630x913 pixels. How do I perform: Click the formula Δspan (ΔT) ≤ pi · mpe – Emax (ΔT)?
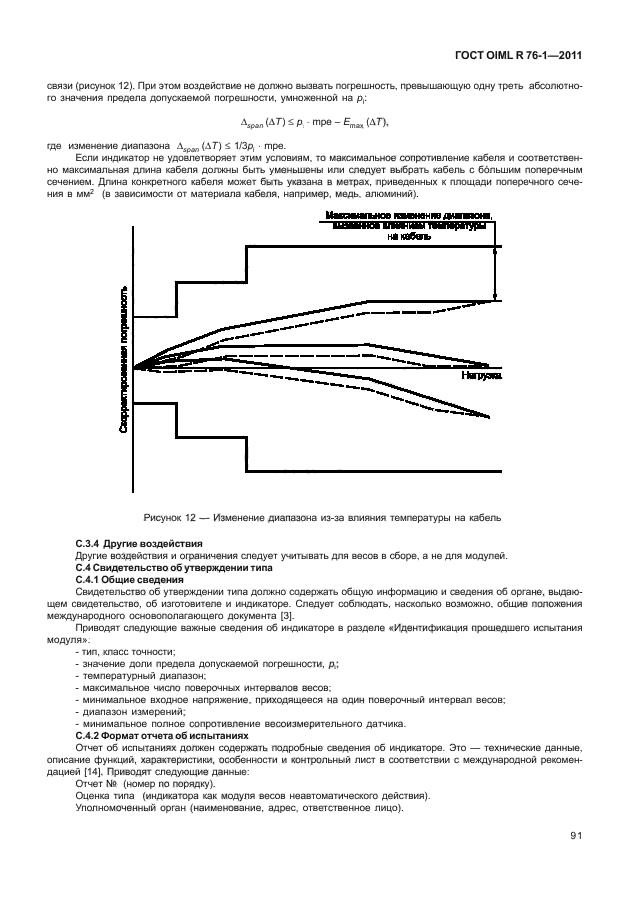(x=314, y=121)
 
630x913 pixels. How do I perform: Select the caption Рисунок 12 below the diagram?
(x=315, y=517)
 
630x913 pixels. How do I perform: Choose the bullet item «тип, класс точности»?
(x=126, y=652)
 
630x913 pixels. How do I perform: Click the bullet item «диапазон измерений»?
(x=128, y=711)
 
